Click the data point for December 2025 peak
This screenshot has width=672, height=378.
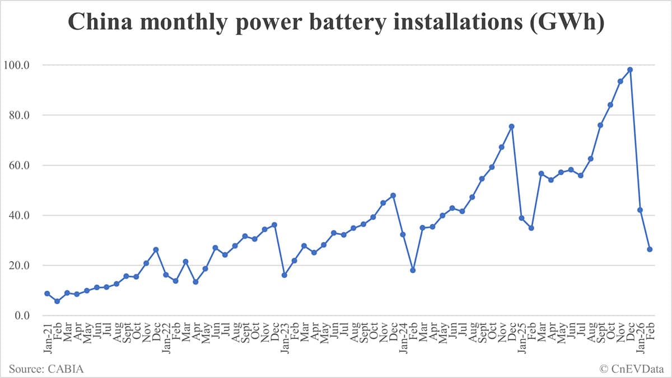(x=630, y=70)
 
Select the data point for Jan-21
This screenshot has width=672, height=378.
(x=47, y=294)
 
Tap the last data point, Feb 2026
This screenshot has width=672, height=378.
(x=650, y=249)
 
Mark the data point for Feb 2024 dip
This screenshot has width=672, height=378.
(x=413, y=270)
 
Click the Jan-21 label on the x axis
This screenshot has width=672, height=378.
(x=47, y=335)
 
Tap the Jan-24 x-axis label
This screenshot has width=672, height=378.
(x=403, y=335)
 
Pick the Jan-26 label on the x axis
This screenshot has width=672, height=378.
(x=640, y=335)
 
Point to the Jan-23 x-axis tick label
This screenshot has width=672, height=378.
(x=284, y=335)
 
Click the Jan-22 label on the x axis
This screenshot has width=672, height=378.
(x=166, y=335)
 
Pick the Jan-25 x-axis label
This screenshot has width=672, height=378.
(x=521, y=335)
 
